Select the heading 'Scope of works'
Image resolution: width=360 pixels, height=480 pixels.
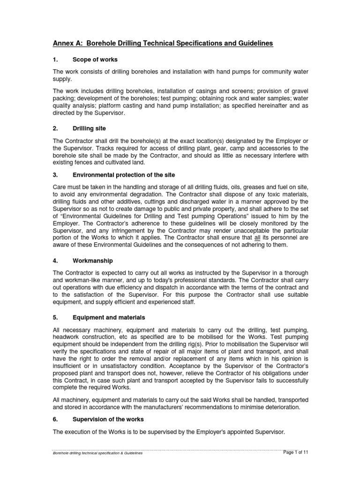coord(95,60)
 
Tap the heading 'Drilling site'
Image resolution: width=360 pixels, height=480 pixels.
coord(89,128)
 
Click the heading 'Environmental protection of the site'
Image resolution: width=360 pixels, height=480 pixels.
coord(124,175)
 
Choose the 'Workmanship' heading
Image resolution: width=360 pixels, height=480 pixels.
coord(93,260)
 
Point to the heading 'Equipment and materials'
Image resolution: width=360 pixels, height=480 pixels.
coord(109,317)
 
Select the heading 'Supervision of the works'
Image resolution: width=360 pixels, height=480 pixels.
coord(108,419)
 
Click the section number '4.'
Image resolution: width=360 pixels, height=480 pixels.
coord(55,260)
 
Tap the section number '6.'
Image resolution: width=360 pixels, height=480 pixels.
coord(55,419)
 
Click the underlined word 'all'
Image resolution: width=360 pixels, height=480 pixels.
coord(257,237)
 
